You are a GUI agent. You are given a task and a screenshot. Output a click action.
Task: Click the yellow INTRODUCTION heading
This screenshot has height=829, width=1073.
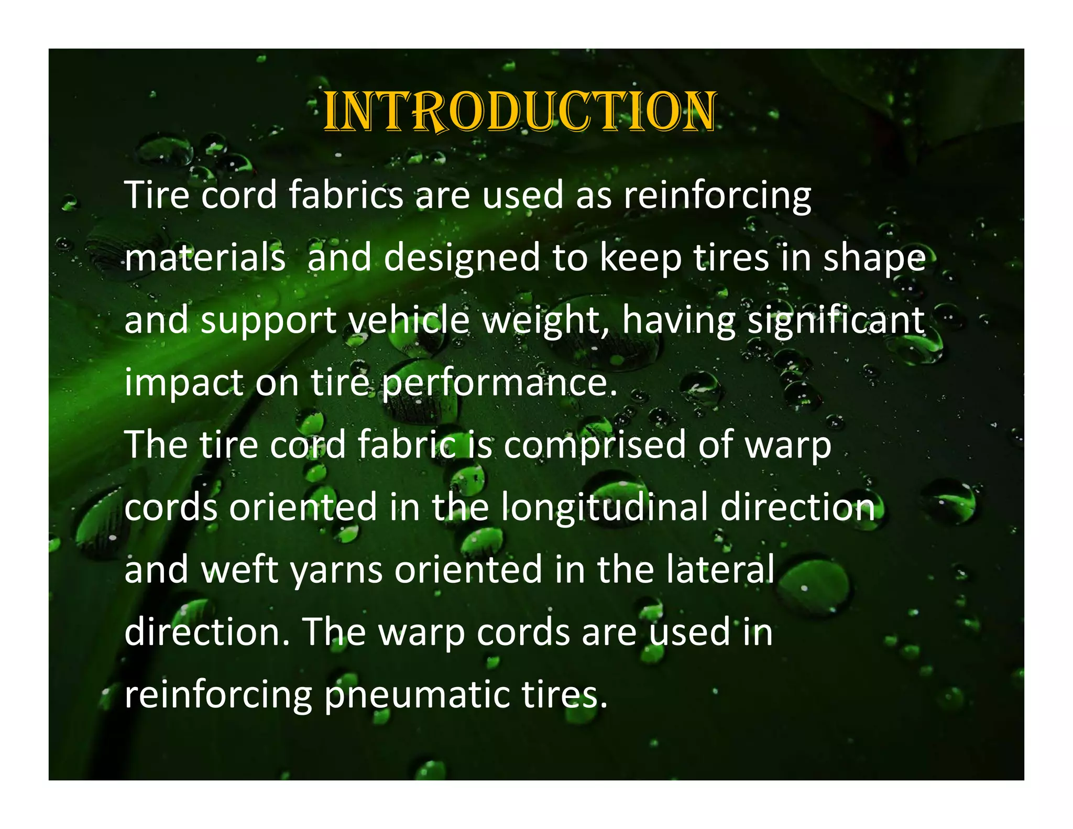tap(519, 111)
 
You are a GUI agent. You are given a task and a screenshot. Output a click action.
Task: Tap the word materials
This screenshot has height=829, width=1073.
tap(205, 257)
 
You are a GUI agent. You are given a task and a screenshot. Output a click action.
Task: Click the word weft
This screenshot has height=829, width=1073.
tap(240, 570)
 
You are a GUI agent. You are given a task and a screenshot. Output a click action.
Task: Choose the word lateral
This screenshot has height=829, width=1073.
tap(720, 570)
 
